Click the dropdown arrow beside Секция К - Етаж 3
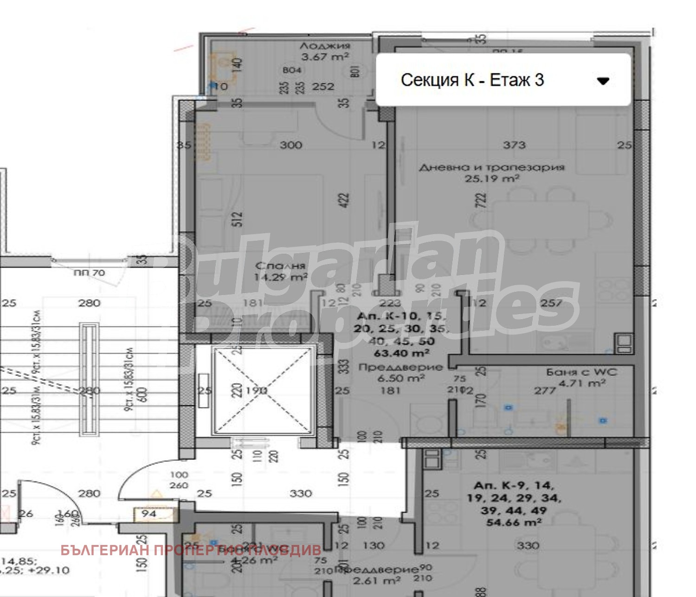coord(603,81)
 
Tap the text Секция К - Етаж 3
coord(472,80)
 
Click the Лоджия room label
coord(325,46)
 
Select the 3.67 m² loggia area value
coord(325,57)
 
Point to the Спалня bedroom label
coord(281,266)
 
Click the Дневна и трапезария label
coord(492,167)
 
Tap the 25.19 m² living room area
coord(492,178)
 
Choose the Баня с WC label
coord(581,372)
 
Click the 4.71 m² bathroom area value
coord(582,383)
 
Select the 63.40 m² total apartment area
coord(402,353)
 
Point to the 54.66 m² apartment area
coord(514,523)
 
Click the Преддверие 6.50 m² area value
coord(401,379)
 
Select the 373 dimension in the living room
coord(514,145)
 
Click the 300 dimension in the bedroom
coord(291,145)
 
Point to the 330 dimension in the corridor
coord(300,493)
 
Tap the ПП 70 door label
coord(89,273)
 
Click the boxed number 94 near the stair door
coord(149,514)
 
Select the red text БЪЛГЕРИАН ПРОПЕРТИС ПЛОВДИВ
coord(191,551)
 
